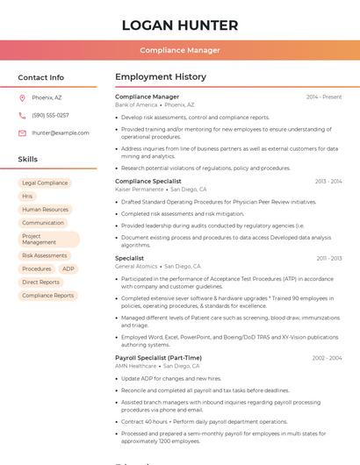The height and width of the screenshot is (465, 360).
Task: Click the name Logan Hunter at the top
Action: coord(180,25)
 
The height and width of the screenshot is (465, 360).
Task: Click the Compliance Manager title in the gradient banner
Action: coord(180,50)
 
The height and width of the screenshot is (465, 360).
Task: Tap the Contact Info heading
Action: coord(41,77)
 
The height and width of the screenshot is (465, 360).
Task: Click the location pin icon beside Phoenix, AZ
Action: coord(22,97)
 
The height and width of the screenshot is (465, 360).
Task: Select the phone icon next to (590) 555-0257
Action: coord(22,115)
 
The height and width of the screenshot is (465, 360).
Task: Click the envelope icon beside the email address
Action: coord(22,133)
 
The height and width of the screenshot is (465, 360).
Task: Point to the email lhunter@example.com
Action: coord(61,133)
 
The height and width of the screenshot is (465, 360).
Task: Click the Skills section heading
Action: coord(28,160)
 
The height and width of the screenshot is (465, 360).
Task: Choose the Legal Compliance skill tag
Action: coord(45,183)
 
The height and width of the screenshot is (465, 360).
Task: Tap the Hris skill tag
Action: coord(28,197)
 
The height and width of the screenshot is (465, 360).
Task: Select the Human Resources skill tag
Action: coord(45,210)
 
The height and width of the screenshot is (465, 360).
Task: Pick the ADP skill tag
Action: coord(68,268)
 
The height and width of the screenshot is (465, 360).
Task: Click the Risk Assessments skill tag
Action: coord(45,255)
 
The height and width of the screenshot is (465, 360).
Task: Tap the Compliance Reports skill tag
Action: coord(48,296)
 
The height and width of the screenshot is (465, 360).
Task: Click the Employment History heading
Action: coord(161,77)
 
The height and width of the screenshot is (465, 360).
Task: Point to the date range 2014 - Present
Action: coord(324,97)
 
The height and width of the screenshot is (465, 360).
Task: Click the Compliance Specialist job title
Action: coord(148,182)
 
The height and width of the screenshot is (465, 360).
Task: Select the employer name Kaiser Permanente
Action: coord(140,190)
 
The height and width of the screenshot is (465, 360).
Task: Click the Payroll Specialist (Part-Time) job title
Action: coord(158,358)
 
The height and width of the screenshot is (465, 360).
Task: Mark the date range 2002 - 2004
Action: coord(327,358)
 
